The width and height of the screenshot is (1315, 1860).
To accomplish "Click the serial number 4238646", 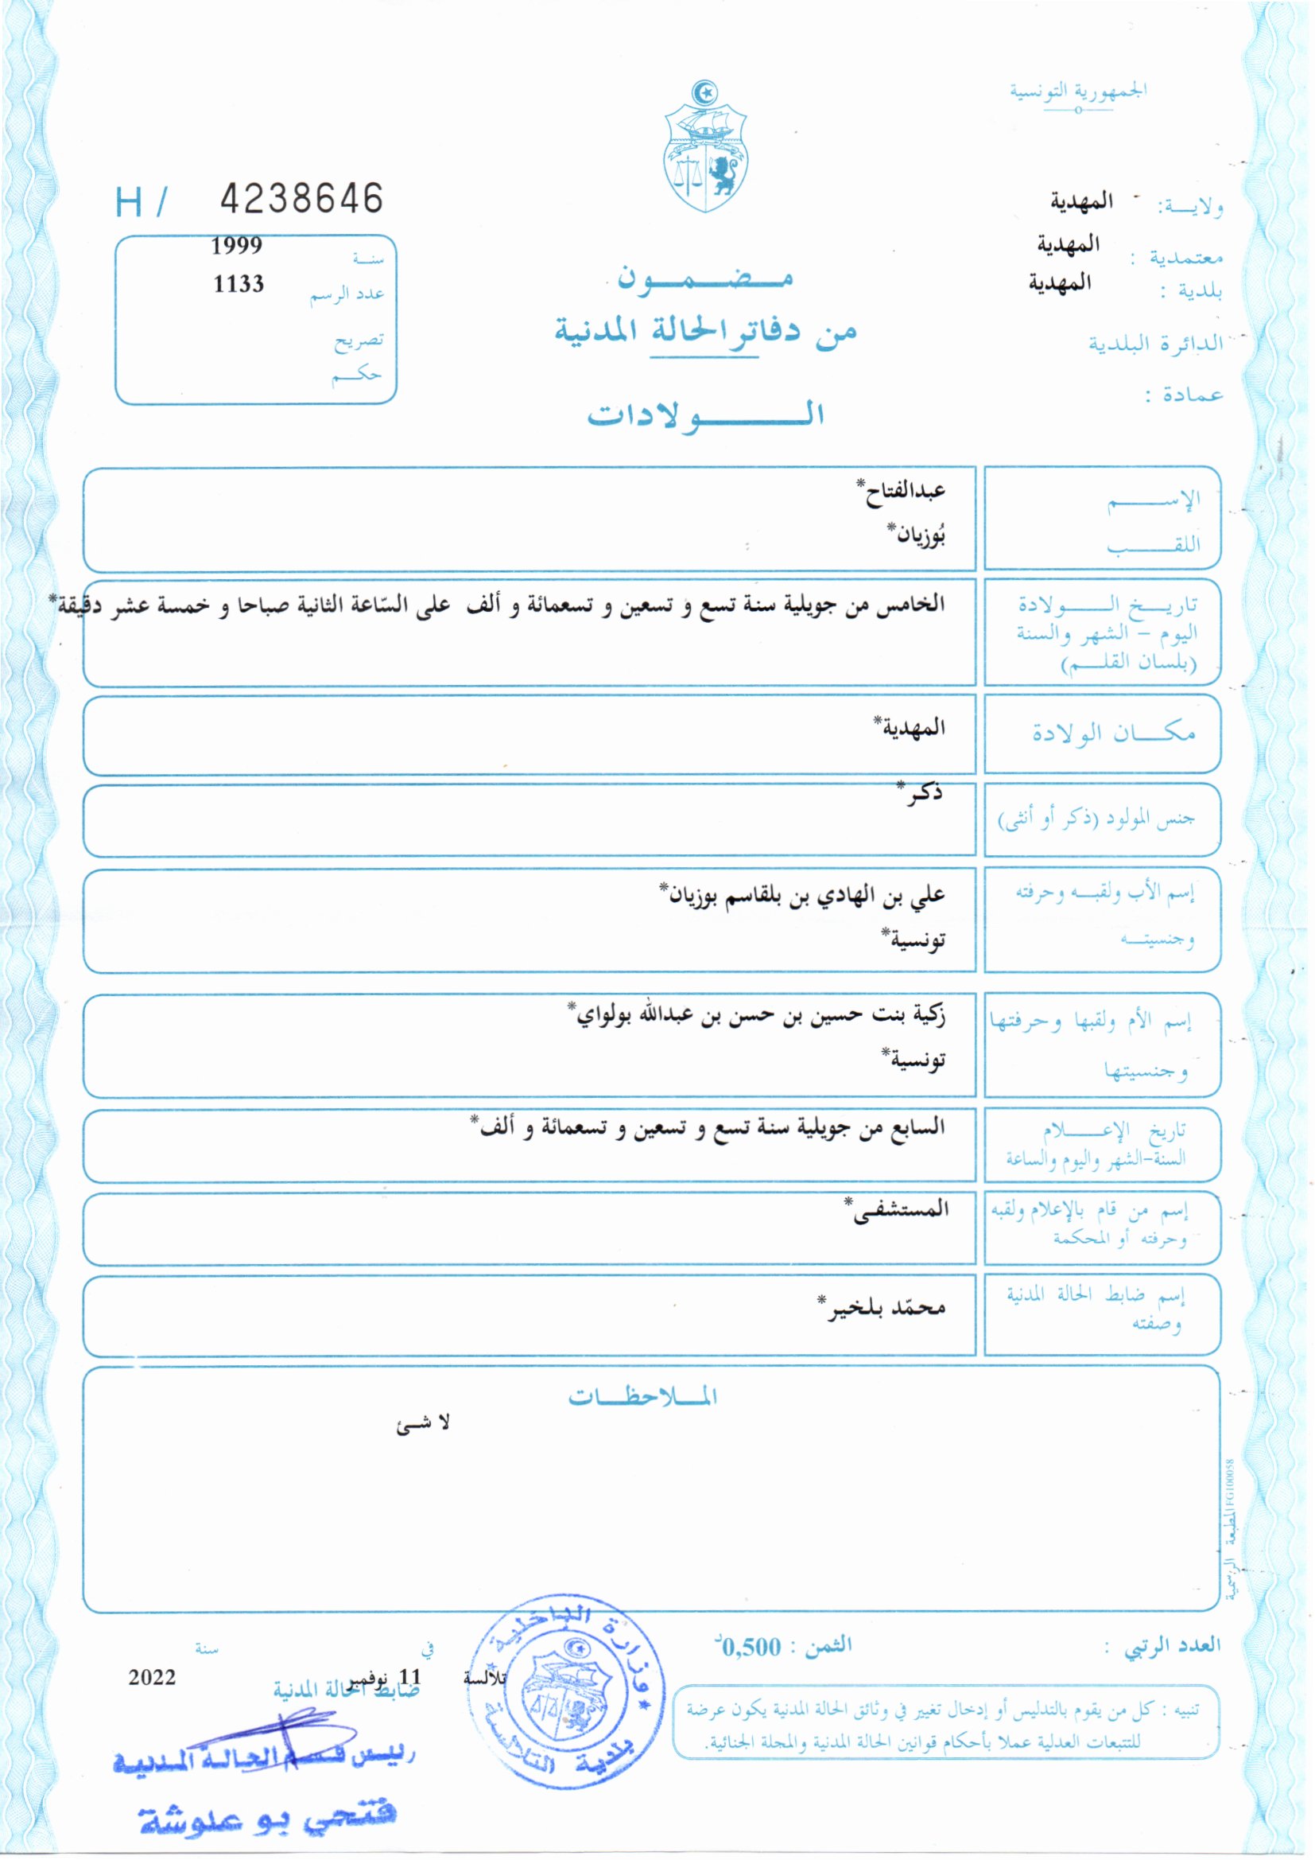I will coord(301,198).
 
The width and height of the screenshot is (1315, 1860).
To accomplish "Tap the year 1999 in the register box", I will coord(236,247).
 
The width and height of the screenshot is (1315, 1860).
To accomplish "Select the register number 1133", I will coord(238,284).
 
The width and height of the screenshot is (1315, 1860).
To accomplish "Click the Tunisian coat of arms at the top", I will coord(705,146).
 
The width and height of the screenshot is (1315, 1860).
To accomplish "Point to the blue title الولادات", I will coord(705,414).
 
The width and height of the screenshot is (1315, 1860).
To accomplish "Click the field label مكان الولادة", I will coord(1113,733).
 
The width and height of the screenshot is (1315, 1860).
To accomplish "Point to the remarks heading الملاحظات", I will coord(642,1398).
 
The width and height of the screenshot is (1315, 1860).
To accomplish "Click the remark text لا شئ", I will coord(423,1425).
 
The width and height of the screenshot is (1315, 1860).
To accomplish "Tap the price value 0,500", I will coord(751,1647).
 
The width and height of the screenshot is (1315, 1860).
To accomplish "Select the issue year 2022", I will coord(152,1677).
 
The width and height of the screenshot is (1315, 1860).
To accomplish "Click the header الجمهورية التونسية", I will coord(1078,90).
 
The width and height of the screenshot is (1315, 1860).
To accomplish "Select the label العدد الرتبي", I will coord(1172,1645).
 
